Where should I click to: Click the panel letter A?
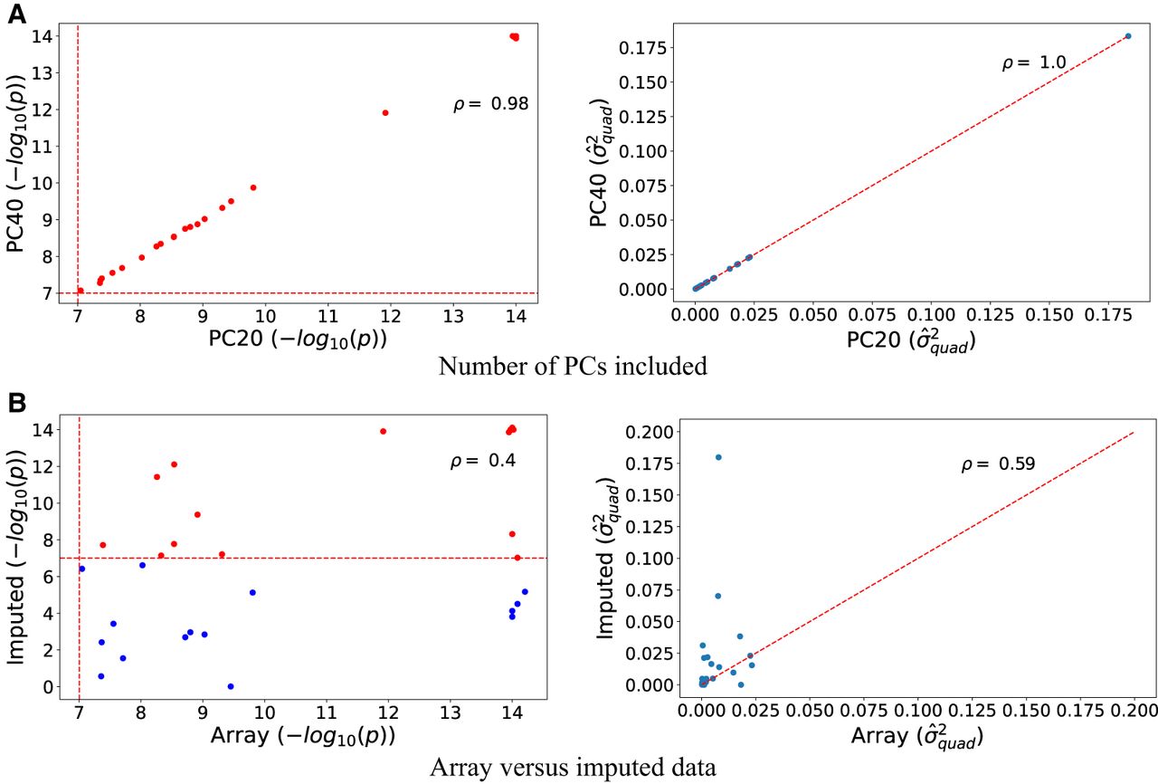pyautogui.click(x=17, y=14)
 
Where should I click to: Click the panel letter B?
pyautogui.click(x=17, y=403)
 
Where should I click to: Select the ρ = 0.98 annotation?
pyautogui.click(x=491, y=104)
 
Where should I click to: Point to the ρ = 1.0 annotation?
pyautogui.click(x=1034, y=62)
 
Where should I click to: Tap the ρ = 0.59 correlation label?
pyautogui.click(x=998, y=464)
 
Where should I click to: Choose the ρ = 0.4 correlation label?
pyautogui.click(x=483, y=460)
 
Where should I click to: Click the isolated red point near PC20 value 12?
pyautogui.click(x=385, y=113)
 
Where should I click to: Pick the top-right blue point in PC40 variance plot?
pyautogui.click(x=1128, y=36)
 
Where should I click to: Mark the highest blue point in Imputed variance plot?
pyautogui.click(x=718, y=457)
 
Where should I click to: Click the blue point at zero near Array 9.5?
pyautogui.click(x=231, y=686)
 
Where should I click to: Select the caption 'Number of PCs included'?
pyautogui.click(x=573, y=366)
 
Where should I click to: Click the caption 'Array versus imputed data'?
pyautogui.click(x=573, y=767)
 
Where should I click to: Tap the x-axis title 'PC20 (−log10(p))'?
pyautogui.click(x=298, y=339)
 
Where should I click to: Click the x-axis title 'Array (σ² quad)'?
pyautogui.click(x=917, y=736)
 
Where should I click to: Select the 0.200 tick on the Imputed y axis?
pyautogui.click(x=649, y=432)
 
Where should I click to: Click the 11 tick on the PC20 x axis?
pyautogui.click(x=327, y=315)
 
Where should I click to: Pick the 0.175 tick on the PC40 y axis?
pyautogui.click(x=643, y=48)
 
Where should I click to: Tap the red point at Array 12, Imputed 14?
pyautogui.click(x=383, y=431)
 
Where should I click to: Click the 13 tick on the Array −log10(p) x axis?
pyautogui.click(x=450, y=712)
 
